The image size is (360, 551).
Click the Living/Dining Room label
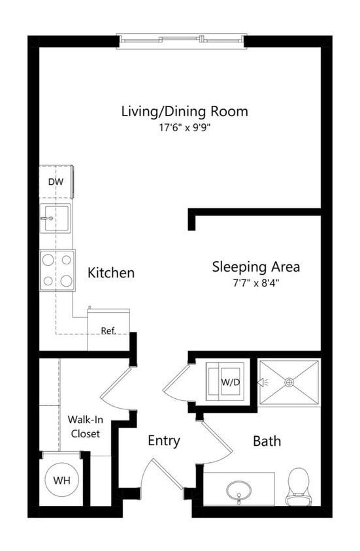(x=184, y=111)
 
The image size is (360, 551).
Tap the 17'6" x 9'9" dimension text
(x=184, y=128)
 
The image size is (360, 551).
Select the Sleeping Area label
(x=255, y=266)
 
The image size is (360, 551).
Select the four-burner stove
(x=57, y=270)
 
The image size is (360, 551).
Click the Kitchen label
(x=111, y=272)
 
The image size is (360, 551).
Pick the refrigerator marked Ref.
(x=108, y=330)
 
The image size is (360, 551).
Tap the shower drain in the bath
(x=288, y=382)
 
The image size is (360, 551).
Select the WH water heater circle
(x=61, y=481)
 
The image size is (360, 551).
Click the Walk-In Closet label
(x=85, y=426)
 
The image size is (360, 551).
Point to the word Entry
(x=163, y=441)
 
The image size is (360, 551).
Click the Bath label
(x=267, y=441)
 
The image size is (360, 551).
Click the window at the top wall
(x=182, y=40)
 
